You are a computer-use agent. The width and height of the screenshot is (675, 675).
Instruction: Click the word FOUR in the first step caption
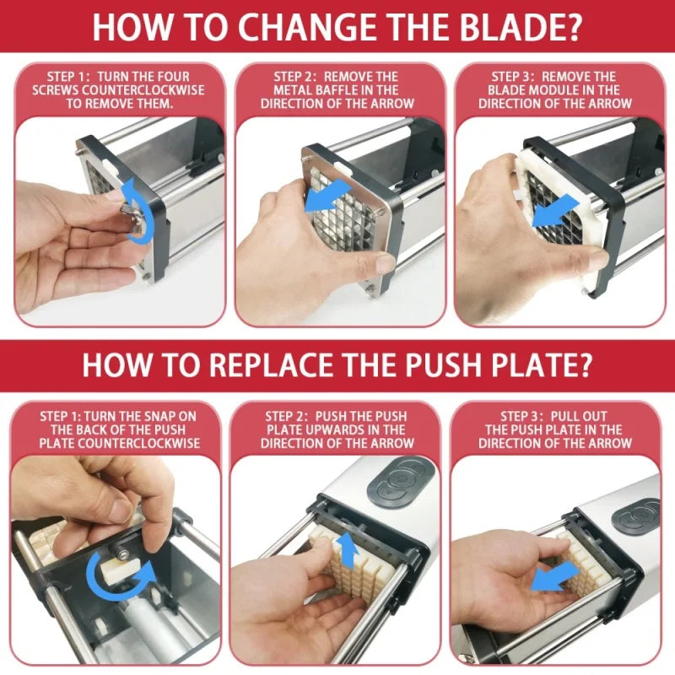(x=186, y=75)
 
